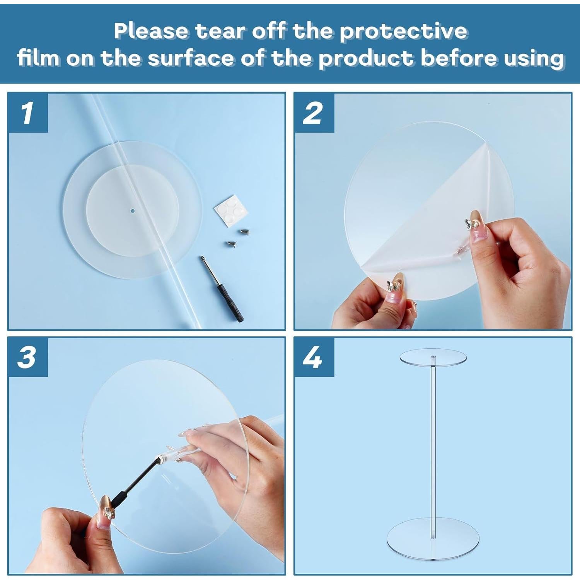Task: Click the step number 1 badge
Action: [27, 113]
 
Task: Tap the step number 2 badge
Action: [314, 113]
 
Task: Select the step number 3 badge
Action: [27, 357]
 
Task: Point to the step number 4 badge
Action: [314, 357]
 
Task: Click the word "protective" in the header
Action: [403, 31]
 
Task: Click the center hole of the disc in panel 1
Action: [132, 211]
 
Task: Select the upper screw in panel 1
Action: [244, 232]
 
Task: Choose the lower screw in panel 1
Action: [230, 244]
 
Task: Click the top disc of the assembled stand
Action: [433, 357]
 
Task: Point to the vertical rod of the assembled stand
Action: [433, 445]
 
